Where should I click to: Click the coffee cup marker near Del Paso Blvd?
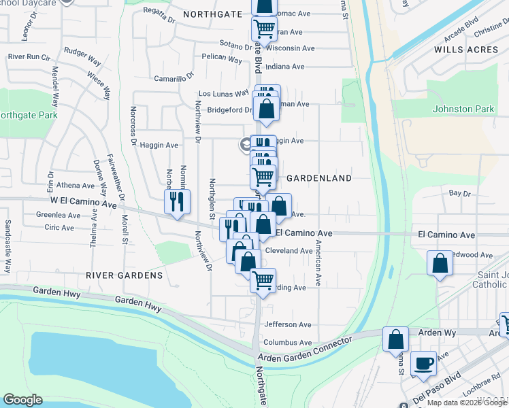425,363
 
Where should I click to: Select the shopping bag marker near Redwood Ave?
440,263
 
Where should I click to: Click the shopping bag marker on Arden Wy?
395,339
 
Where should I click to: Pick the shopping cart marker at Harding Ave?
263,279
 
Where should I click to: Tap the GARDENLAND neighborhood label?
318,178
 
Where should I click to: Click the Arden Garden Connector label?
305,350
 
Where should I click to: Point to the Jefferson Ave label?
288,325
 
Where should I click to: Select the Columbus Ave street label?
288,343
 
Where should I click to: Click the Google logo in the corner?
22,400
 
